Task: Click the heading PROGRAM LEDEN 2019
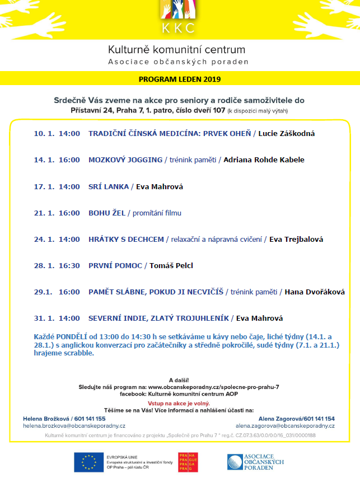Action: [180, 79]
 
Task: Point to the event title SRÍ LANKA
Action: [108, 186]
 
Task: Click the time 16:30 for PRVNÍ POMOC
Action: [69, 265]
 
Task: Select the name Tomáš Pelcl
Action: [171, 265]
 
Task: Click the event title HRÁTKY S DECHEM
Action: [126, 239]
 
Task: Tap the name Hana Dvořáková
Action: [315, 292]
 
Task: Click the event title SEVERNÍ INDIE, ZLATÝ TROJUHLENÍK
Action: [158, 318]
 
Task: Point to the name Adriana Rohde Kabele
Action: [264, 160]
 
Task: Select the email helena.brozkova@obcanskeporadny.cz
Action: [74, 426]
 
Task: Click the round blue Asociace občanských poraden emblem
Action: [236, 462]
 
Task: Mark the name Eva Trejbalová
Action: [296, 239]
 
